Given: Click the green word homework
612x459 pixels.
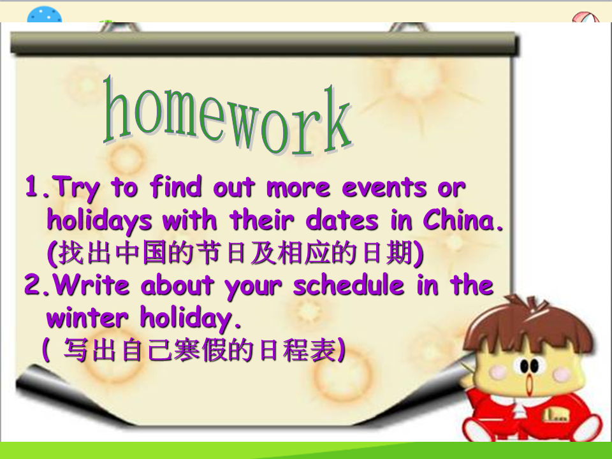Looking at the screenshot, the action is pos(228,117).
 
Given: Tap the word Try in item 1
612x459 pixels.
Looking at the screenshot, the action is pos(75,189).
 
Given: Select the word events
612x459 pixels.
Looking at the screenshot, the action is pos(384,187).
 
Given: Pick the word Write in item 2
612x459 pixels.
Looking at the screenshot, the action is pos(92,284).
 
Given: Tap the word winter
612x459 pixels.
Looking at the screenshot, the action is pos(87,317).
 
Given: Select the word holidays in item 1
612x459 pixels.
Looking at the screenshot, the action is pos(99,221).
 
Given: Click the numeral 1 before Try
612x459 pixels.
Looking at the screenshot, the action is pos(32,186).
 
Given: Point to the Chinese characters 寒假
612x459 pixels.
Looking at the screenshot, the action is pos(200,349).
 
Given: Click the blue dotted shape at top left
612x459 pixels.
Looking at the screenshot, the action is pos(45,15).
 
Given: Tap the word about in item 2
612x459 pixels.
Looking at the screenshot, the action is pos(177,284).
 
